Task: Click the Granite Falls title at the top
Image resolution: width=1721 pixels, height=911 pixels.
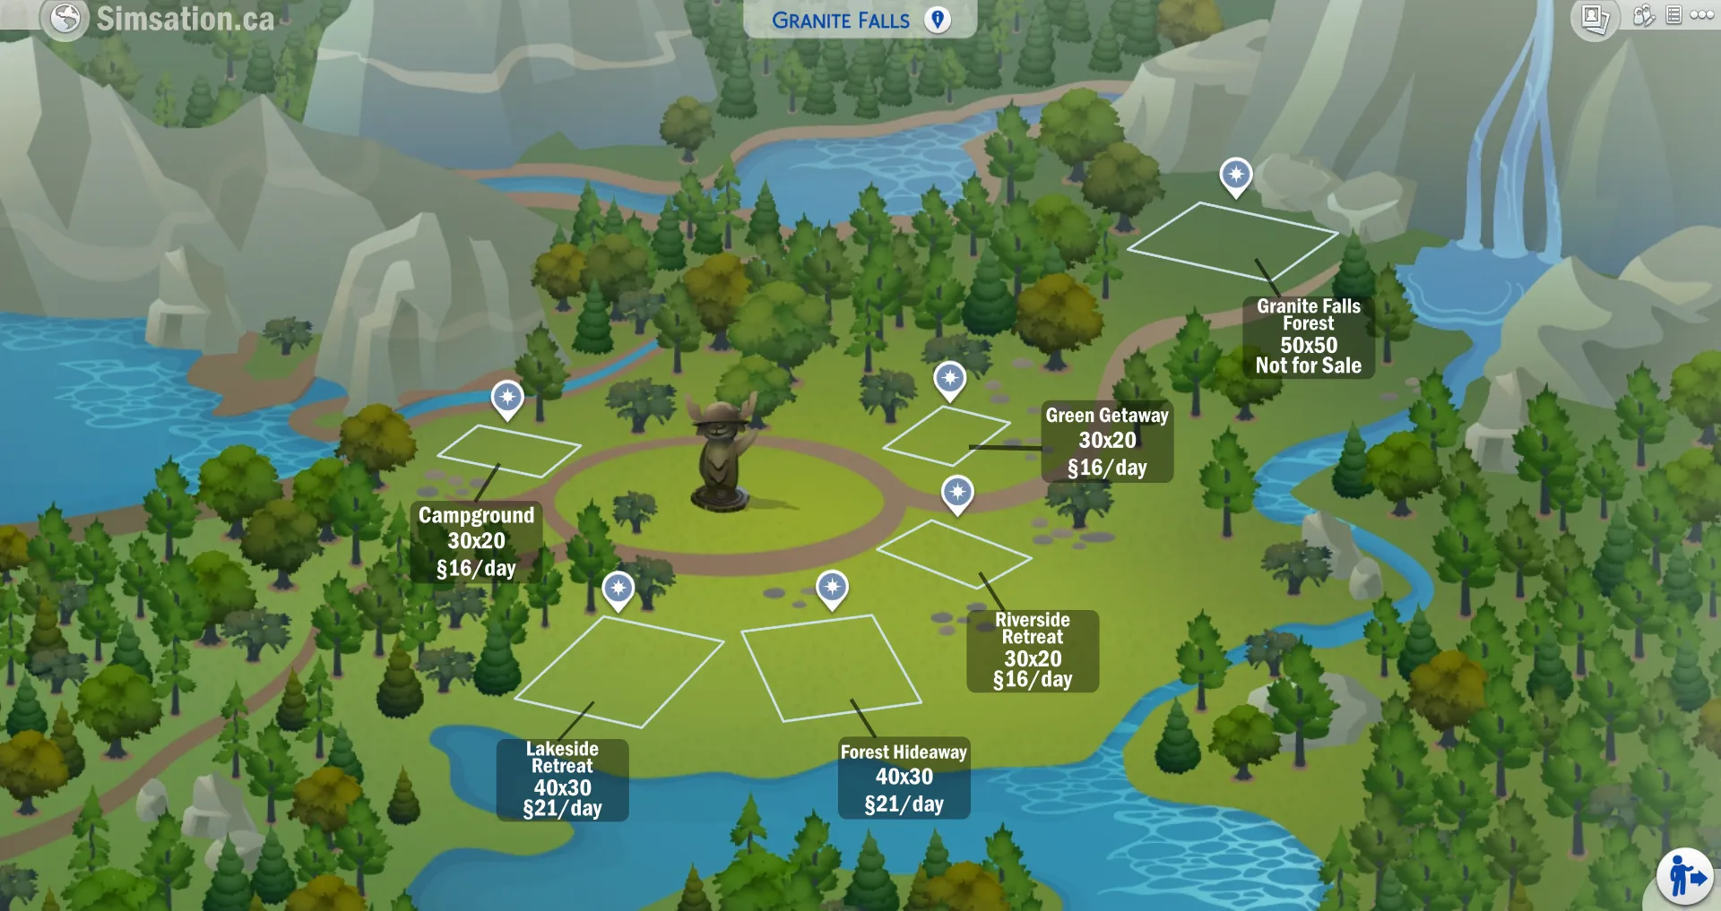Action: pos(840,21)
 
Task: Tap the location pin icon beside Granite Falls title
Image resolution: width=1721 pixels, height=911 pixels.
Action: pos(938,20)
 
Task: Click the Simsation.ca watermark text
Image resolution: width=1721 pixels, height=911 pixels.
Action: pos(186,19)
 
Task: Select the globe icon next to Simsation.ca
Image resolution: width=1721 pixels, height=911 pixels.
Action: pos(65,18)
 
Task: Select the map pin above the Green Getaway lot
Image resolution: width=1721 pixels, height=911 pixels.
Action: pos(949,380)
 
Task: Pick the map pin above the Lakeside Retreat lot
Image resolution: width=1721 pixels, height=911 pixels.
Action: pos(618,589)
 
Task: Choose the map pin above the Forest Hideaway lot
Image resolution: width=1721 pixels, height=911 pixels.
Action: pos(832,589)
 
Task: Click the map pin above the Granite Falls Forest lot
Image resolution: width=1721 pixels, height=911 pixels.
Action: pos(1236,176)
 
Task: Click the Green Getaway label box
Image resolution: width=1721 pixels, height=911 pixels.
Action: pos(1107,441)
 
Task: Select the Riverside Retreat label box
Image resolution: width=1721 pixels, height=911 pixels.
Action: pos(1033,650)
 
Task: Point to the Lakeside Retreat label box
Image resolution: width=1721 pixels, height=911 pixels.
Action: pos(562,779)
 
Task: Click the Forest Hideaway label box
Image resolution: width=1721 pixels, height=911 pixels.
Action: pos(904,778)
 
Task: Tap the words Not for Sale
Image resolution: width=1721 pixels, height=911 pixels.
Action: pos(1308,365)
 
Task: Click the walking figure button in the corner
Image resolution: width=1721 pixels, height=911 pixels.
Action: pos(1684,877)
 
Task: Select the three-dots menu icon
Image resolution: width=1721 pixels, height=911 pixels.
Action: pos(1702,15)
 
